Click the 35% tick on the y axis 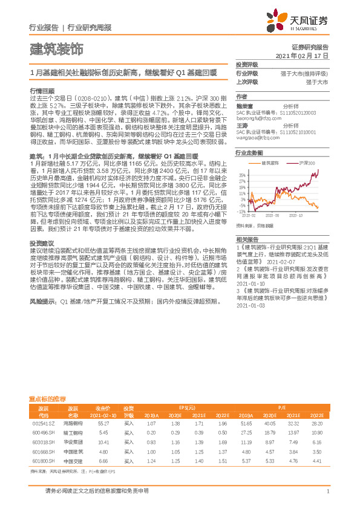(x=242, y=175)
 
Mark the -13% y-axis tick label (x=241, y=212)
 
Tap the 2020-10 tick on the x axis (x=297, y=215)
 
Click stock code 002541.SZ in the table (x=43, y=424)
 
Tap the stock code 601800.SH (x=43, y=460)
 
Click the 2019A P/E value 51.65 (x=246, y=424)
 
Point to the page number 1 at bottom (x=327, y=491)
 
